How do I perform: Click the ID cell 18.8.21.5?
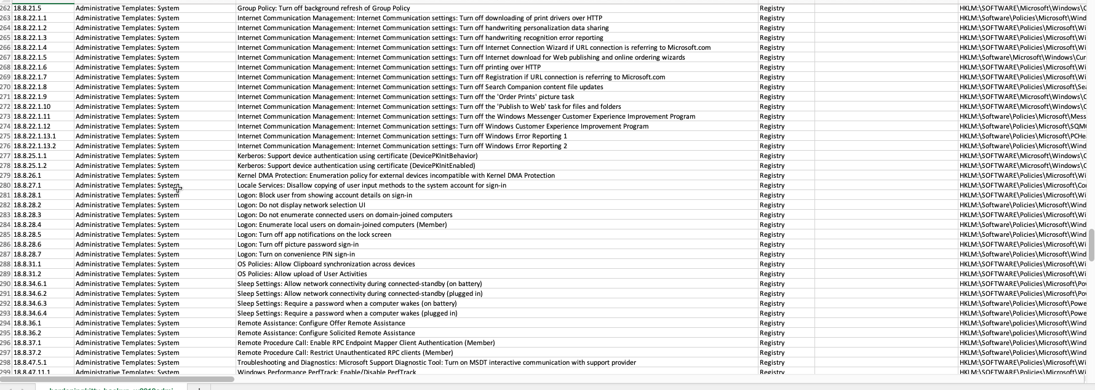click(28, 8)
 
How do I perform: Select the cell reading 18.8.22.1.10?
click(32, 106)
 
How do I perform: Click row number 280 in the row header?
click(6, 185)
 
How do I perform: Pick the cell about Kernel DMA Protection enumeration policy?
click(396, 175)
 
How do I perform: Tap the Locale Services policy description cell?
click(372, 185)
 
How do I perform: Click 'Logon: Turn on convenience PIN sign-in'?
click(296, 254)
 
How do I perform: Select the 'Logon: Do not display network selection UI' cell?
click(301, 205)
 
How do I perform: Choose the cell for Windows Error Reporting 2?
click(402, 146)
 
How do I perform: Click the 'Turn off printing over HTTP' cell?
click(389, 67)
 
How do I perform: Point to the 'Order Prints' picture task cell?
click(405, 97)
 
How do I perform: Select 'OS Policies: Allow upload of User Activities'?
click(302, 274)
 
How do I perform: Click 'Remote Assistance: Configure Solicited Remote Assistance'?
click(326, 333)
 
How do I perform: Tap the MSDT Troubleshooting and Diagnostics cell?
click(436, 362)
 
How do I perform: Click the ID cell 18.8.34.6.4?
click(30, 313)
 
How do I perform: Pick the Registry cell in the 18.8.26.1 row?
click(772, 175)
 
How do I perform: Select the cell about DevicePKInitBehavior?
click(357, 156)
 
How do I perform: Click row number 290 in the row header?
click(6, 284)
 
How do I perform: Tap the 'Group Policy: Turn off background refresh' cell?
click(324, 8)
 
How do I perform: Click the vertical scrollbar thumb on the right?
click(1091, 245)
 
